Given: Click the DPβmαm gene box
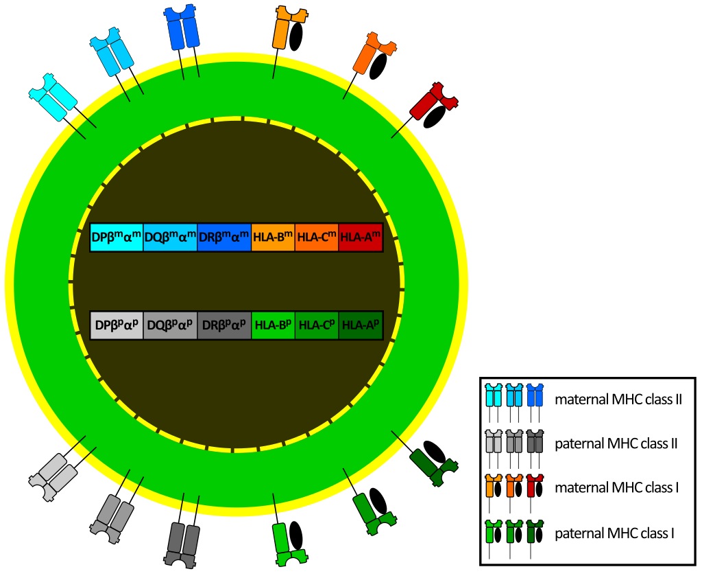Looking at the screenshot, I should coord(117,238).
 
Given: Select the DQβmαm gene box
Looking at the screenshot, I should coord(170,238).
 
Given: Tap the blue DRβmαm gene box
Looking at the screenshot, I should coord(224,238).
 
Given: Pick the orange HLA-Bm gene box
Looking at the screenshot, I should coord(273,238).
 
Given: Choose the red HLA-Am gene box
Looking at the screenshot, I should coord(360,238).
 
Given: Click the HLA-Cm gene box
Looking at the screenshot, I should coord(317,238).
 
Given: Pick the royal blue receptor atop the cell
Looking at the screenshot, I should coord(182,26).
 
